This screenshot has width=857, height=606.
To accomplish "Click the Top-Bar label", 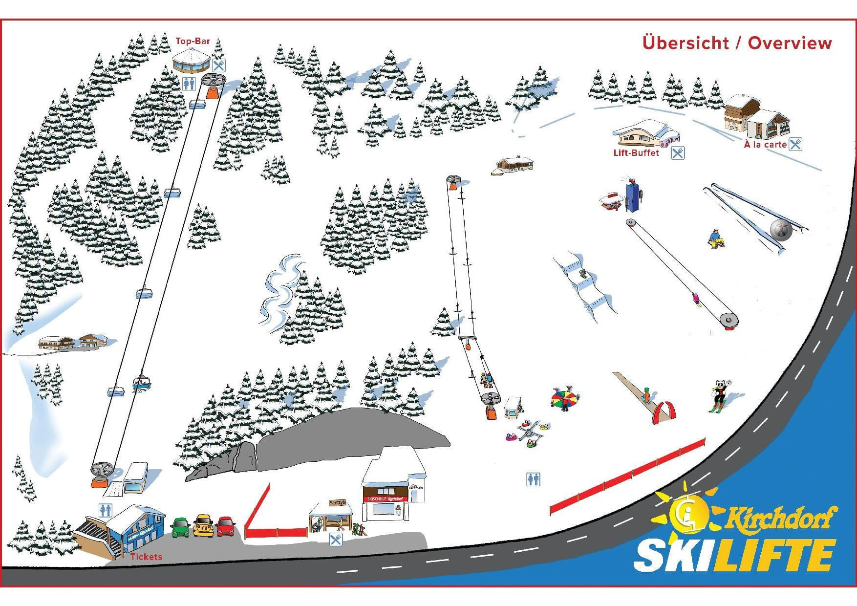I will point(193,41).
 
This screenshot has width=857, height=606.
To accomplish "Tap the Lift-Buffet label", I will point(636,153).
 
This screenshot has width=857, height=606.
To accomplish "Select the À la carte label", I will point(765,145).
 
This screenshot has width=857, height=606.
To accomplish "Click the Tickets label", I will point(146,557).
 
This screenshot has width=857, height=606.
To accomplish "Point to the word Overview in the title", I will point(790,43).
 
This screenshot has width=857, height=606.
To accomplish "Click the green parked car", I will point(181,527).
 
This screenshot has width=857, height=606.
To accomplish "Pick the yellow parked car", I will point(203,526).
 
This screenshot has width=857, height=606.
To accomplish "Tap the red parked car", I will point(226,526).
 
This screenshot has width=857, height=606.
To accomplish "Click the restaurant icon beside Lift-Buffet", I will point(677,153).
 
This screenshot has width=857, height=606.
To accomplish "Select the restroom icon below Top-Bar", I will point(189,84).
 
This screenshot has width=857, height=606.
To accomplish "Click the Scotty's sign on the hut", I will point(337,503).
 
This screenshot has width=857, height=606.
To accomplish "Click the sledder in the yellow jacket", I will point(715,238).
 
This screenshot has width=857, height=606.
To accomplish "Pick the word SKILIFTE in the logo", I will point(734,555).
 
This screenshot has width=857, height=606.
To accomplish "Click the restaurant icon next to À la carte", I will point(795,144).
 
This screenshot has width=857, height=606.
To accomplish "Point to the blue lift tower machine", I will point(633,195).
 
